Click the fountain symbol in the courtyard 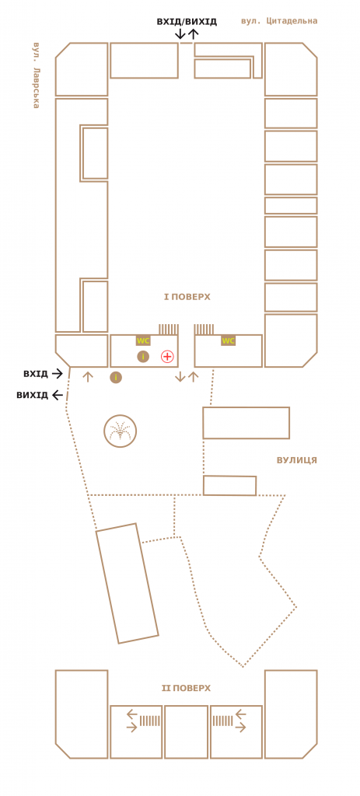click(121, 431)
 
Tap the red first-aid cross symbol click(167, 356)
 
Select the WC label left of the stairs click(143, 340)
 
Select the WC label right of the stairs click(229, 340)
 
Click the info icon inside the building click(143, 356)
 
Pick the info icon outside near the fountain click(117, 377)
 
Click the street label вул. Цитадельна click(279, 21)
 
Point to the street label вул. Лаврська click(36, 75)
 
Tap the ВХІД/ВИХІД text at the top click(187, 21)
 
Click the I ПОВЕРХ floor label click(187, 296)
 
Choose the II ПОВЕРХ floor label click(186, 689)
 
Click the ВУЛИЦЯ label click(297, 460)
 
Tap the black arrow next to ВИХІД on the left click(57, 395)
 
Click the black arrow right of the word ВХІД click(57, 374)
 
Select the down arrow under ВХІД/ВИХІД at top click(180, 34)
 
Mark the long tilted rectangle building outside click(128, 583)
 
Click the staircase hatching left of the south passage click(168, 330)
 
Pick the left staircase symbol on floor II click(150, 721)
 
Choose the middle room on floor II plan click(187, 731)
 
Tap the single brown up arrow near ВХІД click(88, 377)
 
